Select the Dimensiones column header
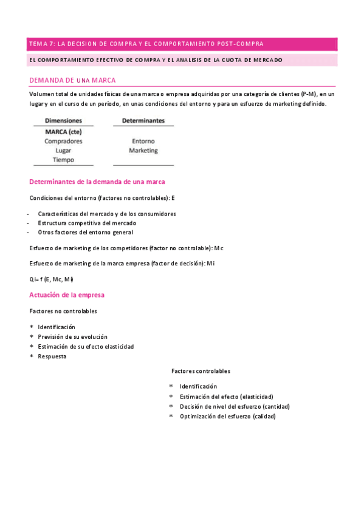tap(63, 121)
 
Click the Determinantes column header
tap(143, 121)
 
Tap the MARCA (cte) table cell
tap(63, 131)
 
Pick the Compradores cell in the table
tap(63, 141)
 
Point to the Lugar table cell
tap(63, 150)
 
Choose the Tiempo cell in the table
tap(63, 160)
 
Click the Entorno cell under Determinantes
tap(143, 141)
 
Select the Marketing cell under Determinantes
tap(143, 150)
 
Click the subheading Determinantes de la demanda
tap(97, 182)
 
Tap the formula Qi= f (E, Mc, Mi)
tap(51, 279)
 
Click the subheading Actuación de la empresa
tap(67, 295)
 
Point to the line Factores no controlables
tap(63, 311)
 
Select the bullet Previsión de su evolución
tap(72, 336)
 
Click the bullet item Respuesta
tap(52, 356)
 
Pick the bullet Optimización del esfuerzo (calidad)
tap(227, 416)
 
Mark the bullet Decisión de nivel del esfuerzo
tap(235, 406)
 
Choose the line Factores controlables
tap(201, 371)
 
